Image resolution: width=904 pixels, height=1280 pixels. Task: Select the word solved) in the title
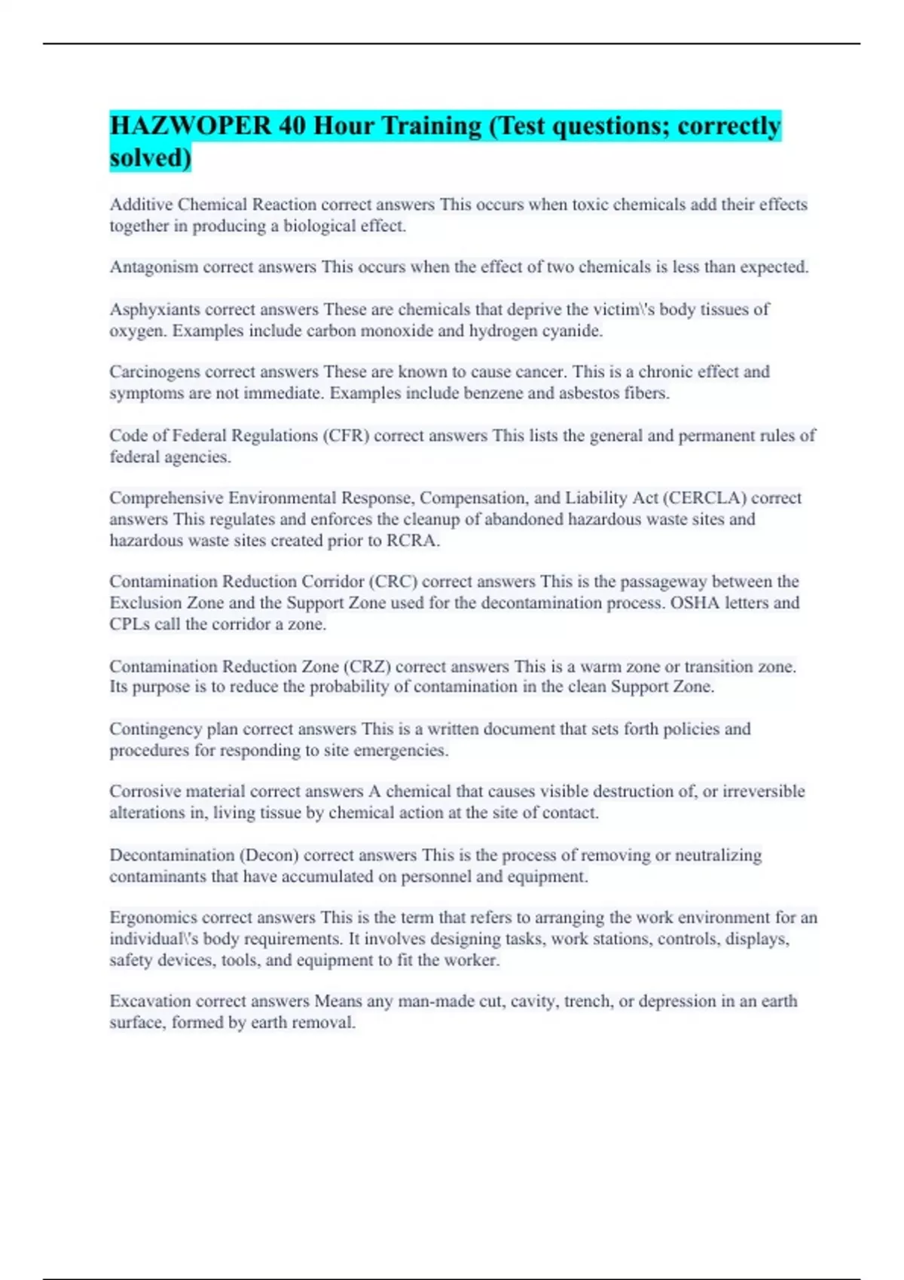pos(150,157)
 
